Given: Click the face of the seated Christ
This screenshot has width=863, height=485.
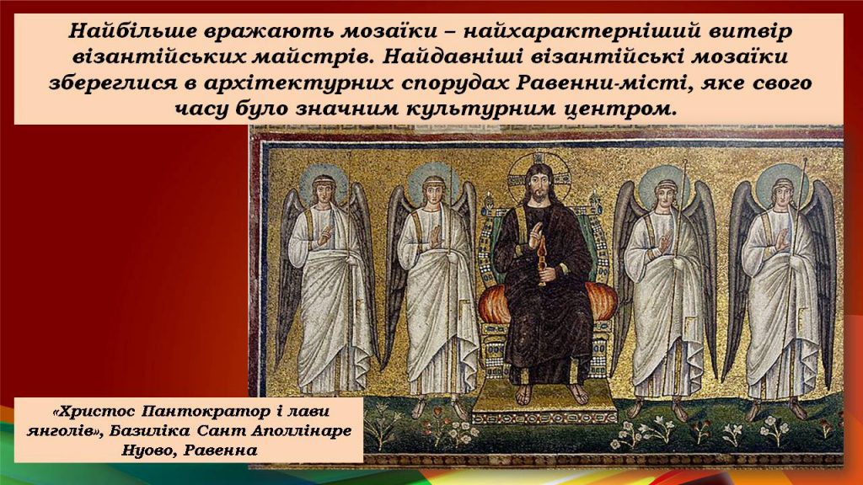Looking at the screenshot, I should pyautogui.click(x=537, y=184).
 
